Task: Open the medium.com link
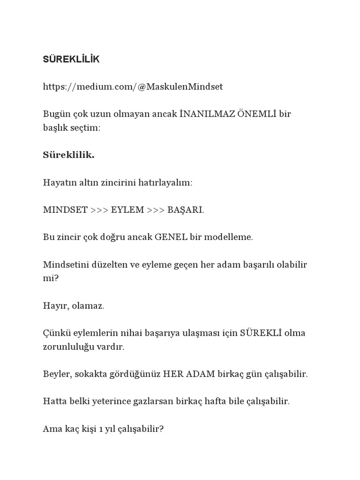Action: (133, 87)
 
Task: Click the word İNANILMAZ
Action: (207, 114)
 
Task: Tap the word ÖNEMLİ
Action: (257, 114)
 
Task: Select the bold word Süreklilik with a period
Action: (68, 155)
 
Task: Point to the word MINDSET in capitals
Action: (65, 210)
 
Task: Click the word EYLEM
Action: (127, 210)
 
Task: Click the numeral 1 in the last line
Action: (101, 429)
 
